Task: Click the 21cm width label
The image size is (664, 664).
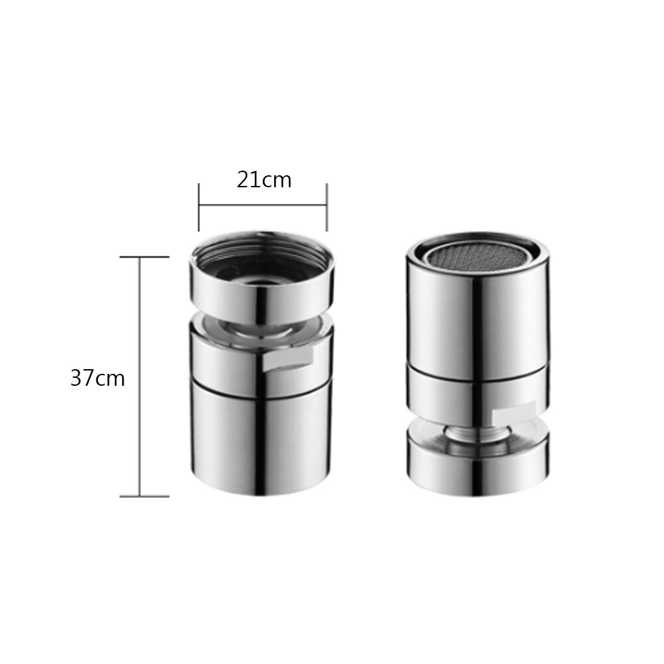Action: (264, 180)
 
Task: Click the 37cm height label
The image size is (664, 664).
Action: (98, 378)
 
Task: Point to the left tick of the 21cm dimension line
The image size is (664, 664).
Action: (199, 207)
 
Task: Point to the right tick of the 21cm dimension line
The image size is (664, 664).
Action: (327, 207)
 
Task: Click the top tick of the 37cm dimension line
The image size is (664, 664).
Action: (144, 257)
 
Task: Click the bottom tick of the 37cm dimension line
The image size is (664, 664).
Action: (144, 496)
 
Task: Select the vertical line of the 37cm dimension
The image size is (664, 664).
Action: (139, 376)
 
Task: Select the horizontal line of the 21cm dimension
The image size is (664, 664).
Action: (262, 205)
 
